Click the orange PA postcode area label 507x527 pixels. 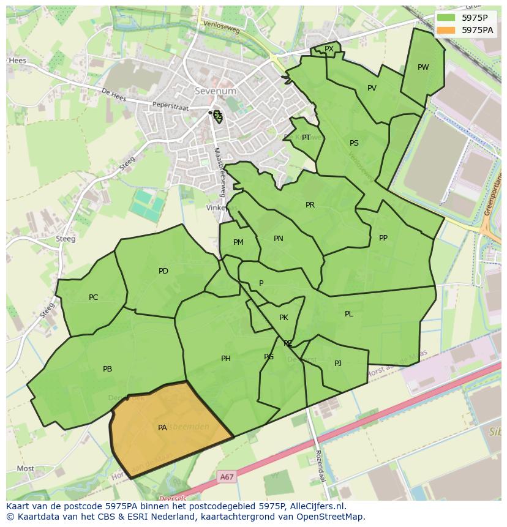point(162,428)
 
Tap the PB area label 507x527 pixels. point(107,369)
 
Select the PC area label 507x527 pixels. point(93,297)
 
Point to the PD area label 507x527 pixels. point(163,271)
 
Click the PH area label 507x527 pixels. point(226,359)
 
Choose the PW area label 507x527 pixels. point(423,67)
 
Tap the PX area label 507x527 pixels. point(329,49)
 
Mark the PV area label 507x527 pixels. point(372,88)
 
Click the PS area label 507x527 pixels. point(354,143)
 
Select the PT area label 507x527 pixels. point(306,138)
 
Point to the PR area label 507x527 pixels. point(310,205)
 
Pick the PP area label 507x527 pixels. point(383,238)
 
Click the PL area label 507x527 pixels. point(349,314)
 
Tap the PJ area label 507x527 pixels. point(338,364)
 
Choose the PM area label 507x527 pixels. point(238,242)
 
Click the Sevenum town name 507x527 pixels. point(216,91)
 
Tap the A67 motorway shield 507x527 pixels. point(227,476)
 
